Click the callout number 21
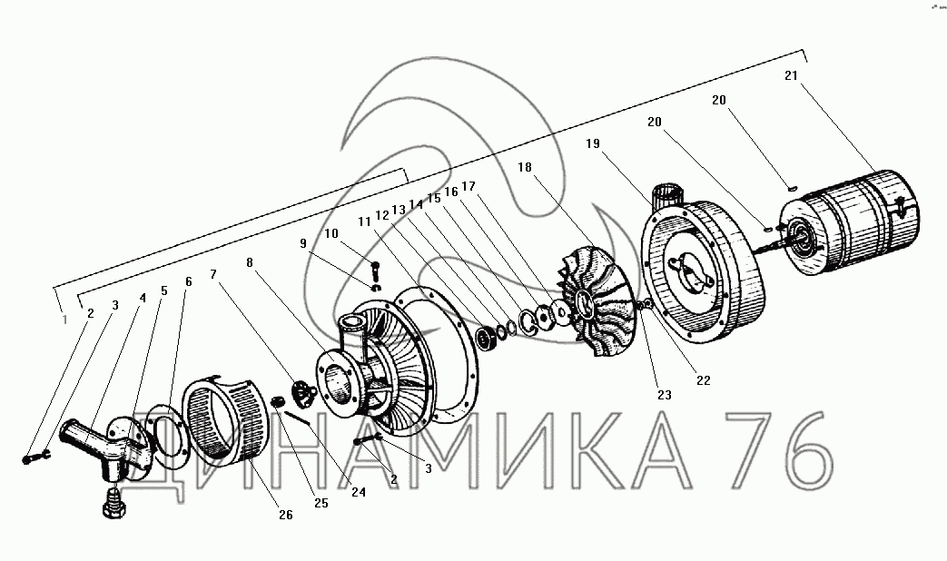click(791, 75)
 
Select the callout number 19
click(593, 143)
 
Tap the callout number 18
click(525, 167)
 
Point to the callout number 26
click(286, 515)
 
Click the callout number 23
click(665, 395)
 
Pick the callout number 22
click(704, 380)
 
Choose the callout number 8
click(250, 262)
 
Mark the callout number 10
click(331, 233)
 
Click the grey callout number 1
click(65, 320)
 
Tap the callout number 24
click(359, 491)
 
